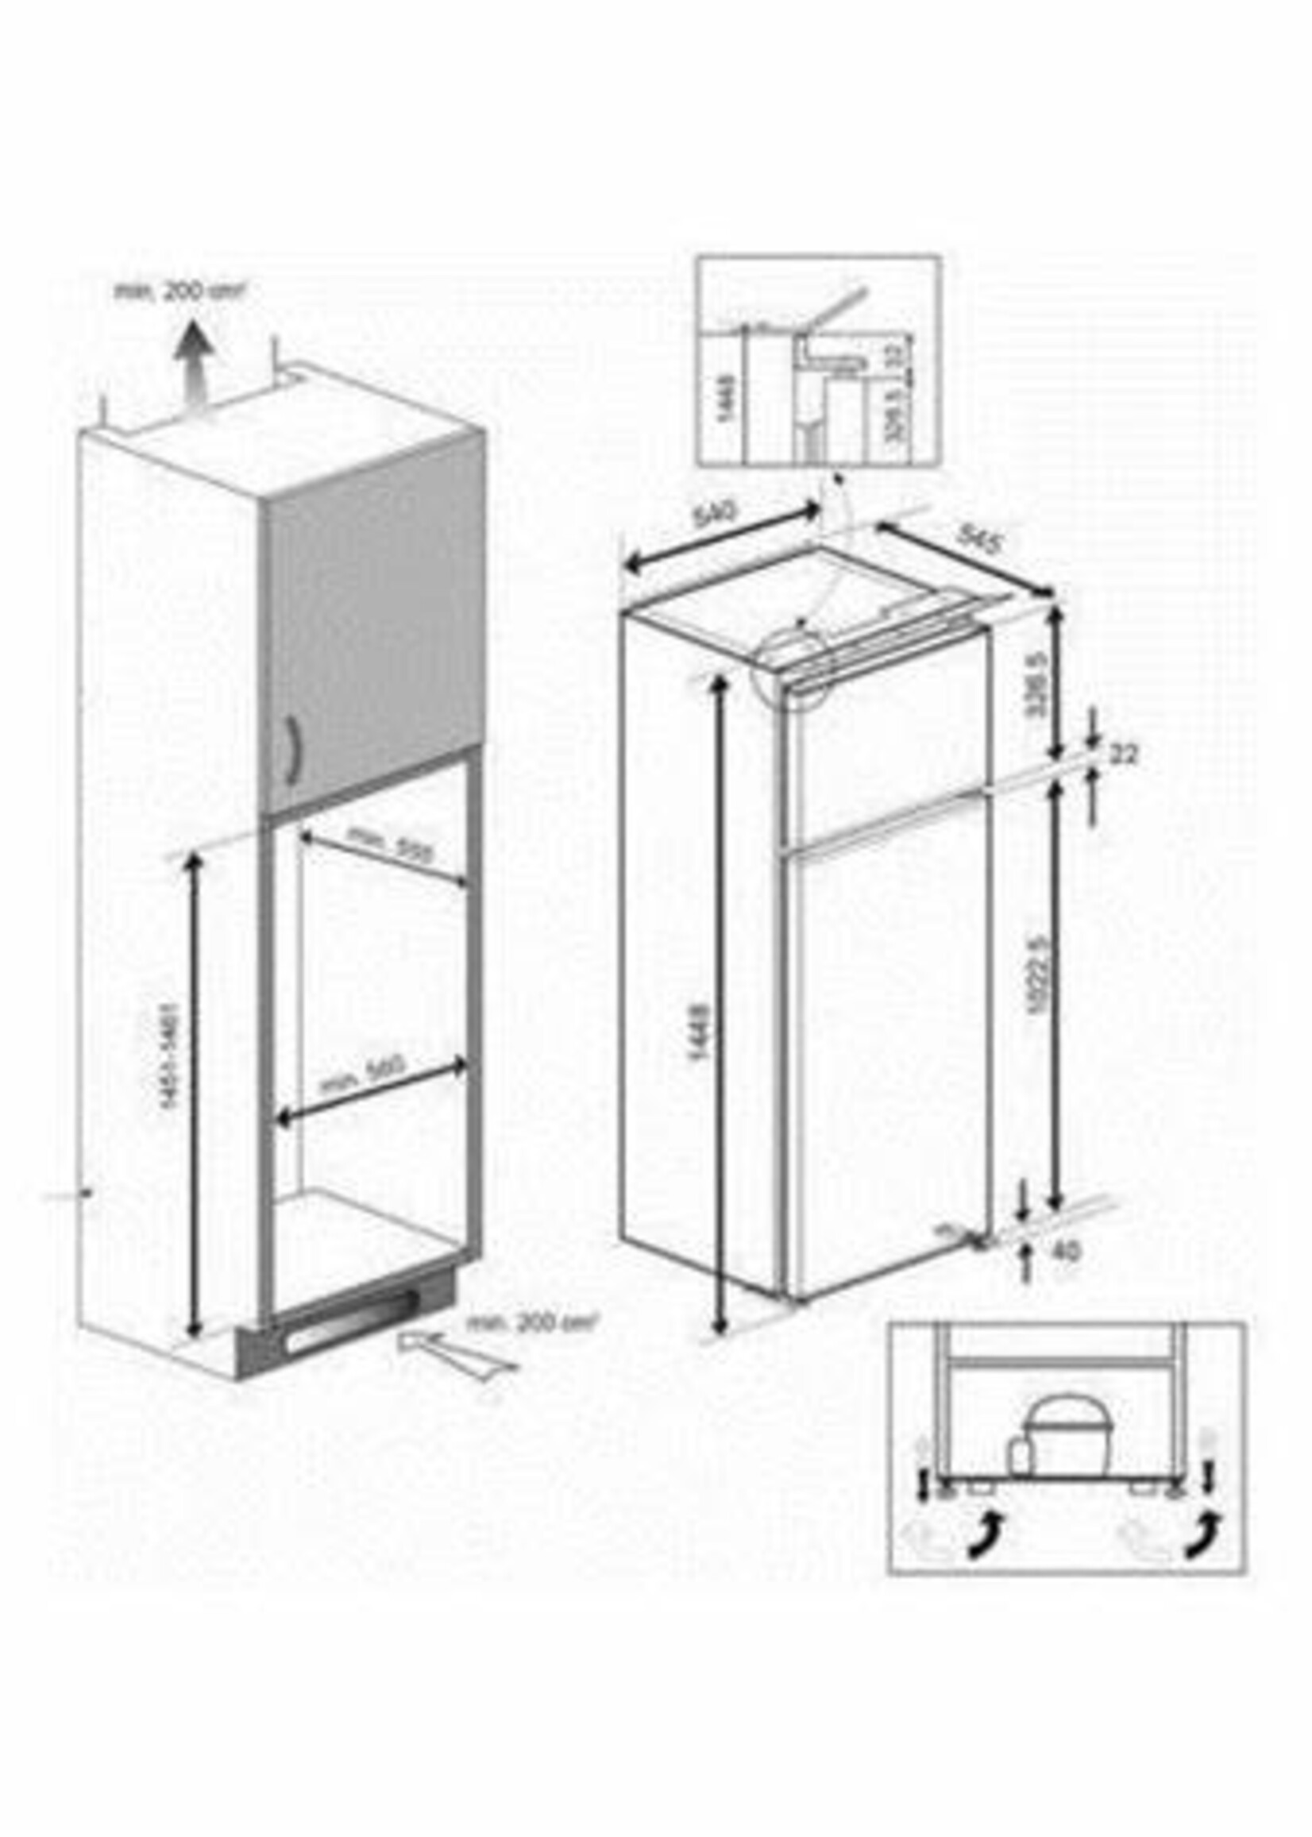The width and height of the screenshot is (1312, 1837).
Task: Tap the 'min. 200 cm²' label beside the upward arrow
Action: click(x=179, y=291)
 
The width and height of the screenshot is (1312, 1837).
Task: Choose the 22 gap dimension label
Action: click(x=1123, y=754)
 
